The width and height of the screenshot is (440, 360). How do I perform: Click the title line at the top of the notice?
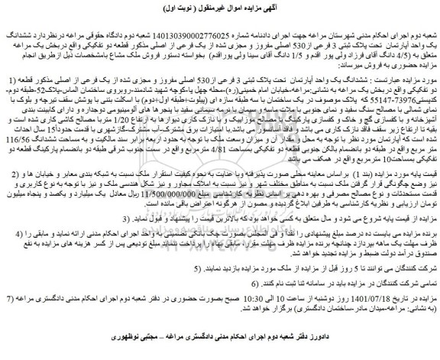point(220,9)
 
